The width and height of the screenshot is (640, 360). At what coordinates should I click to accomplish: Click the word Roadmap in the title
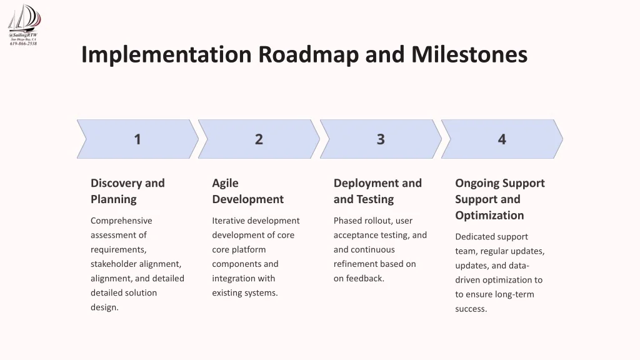click(308, 55)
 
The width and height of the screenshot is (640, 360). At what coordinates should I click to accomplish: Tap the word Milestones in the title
click(469, 54)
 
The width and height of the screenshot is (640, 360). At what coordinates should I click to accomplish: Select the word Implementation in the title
click(166, 55)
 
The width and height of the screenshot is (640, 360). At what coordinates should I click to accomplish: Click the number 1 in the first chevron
click(137, 139)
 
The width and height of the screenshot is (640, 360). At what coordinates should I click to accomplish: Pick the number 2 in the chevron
click(259, 139)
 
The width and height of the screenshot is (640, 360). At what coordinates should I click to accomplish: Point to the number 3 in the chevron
click(381, 139)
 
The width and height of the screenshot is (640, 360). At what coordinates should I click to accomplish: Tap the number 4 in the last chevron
click(502, 139)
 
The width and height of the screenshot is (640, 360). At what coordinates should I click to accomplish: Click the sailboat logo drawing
click(24, 18)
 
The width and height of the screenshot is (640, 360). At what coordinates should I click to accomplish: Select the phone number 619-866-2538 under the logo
click(23, 44)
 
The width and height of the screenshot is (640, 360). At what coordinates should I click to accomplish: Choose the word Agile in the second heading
click(225, 183)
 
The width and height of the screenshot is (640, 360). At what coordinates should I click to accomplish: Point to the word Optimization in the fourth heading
click(489, 216)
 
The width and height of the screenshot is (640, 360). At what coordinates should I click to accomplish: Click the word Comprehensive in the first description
click(121, 221)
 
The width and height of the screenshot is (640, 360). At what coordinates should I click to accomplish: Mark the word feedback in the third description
click(365, 278)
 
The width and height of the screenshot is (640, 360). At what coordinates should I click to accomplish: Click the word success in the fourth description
click(471, 309)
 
